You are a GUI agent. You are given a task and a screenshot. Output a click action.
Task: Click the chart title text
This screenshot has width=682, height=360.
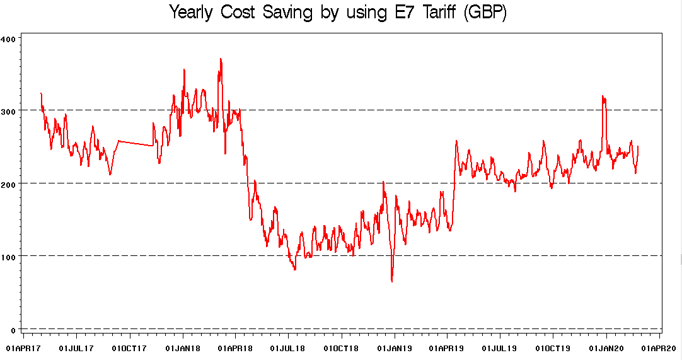click(338, 12)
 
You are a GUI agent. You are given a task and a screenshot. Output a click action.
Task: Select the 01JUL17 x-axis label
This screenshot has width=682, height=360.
click(76, 347)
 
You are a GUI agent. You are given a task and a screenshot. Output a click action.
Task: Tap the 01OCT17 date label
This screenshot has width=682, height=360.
click(130, 347)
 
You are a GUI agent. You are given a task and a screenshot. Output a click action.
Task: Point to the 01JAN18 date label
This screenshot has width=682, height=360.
click(183, 347)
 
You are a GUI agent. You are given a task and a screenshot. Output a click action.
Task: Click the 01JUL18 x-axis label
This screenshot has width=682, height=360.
click(288, 347)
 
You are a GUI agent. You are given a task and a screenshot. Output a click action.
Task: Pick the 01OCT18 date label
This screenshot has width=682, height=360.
click(342, 347)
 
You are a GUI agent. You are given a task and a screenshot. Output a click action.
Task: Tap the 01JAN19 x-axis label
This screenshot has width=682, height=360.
click(395, 347)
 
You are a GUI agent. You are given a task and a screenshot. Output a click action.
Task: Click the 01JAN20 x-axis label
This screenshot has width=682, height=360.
click(606, 347)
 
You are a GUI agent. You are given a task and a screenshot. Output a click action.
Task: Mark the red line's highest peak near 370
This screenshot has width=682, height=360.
click(220, 59)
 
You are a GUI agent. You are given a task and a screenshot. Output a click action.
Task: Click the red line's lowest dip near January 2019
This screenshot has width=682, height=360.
click(392, 281)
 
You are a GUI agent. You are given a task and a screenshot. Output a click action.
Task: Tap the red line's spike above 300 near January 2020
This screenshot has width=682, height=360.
click(603, 96)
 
